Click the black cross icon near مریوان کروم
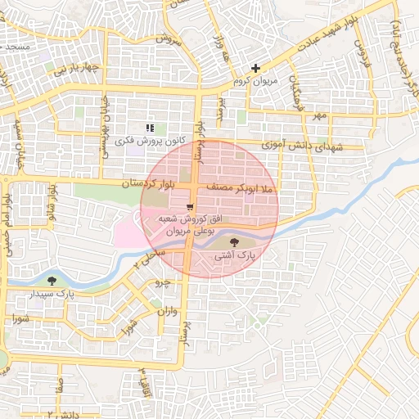[256, 69]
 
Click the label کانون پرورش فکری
[146, 141]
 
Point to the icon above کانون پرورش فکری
[150, 128]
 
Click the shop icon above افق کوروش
[190, 206]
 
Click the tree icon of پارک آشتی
[236, 242]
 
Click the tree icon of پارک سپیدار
[53, 280]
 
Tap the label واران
[164, 311]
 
